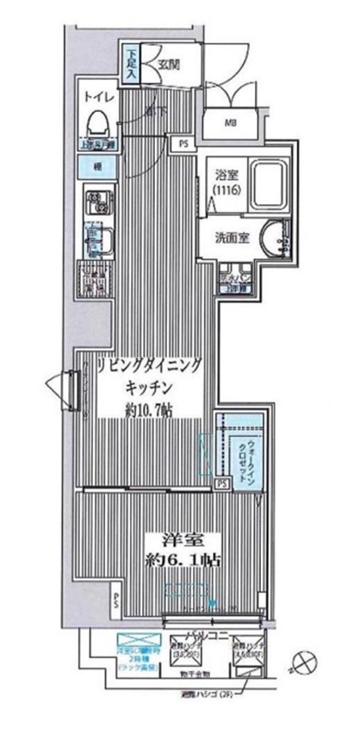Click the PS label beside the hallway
pos(183,143)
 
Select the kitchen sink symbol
pos(96,237)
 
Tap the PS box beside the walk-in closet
pos(222,483)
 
